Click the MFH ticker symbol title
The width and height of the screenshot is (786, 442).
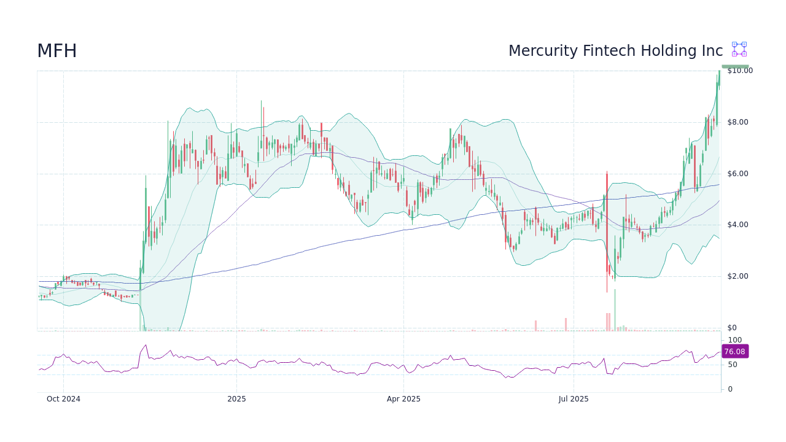(x=57, y=52)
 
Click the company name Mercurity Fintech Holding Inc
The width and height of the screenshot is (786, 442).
(x=615, y=51)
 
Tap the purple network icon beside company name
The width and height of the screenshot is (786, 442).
(x=739, y=49)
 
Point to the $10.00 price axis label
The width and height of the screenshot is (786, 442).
(x=739, y=71)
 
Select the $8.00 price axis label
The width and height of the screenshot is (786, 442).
(x=737, y=122)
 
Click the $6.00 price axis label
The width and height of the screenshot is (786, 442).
(x=737, y=174)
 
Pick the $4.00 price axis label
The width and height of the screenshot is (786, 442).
(x=737, y=225)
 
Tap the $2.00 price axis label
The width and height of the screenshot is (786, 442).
(x=737, y=276)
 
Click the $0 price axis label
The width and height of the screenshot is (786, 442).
(x=731, y=328)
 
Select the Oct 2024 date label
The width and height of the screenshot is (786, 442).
(x=63, y=399)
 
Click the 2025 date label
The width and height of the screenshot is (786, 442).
(x=236, y=399)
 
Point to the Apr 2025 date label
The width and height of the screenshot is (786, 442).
(x=403, y=399)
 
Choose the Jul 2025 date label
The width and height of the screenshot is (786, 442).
(x=574, y=399)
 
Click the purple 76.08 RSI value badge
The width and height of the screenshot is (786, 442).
(x=734, y=352)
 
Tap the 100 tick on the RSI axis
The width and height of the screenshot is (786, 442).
(x=734, y=340)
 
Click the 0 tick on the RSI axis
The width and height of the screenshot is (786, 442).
(x=730, y=389)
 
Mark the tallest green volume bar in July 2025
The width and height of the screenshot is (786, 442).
(x=615, y=310)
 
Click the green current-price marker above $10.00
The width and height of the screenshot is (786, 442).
(x=735, y=66)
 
